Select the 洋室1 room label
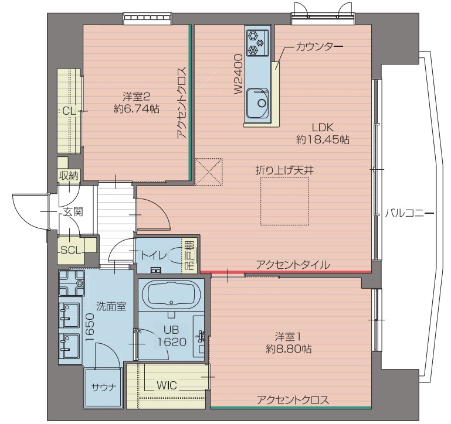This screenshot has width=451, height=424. pos(287,337)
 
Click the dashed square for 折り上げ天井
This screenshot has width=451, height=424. pos(284,200)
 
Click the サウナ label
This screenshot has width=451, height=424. pos(103,387)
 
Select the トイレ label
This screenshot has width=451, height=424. pos(154,255)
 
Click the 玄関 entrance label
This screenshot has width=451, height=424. pos(72,211)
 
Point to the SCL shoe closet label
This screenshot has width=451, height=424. pos(70,249)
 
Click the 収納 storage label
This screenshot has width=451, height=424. pos(68,176)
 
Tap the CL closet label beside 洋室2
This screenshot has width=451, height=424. pos(69,111)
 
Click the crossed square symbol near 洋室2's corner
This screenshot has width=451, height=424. pos(210,171)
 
